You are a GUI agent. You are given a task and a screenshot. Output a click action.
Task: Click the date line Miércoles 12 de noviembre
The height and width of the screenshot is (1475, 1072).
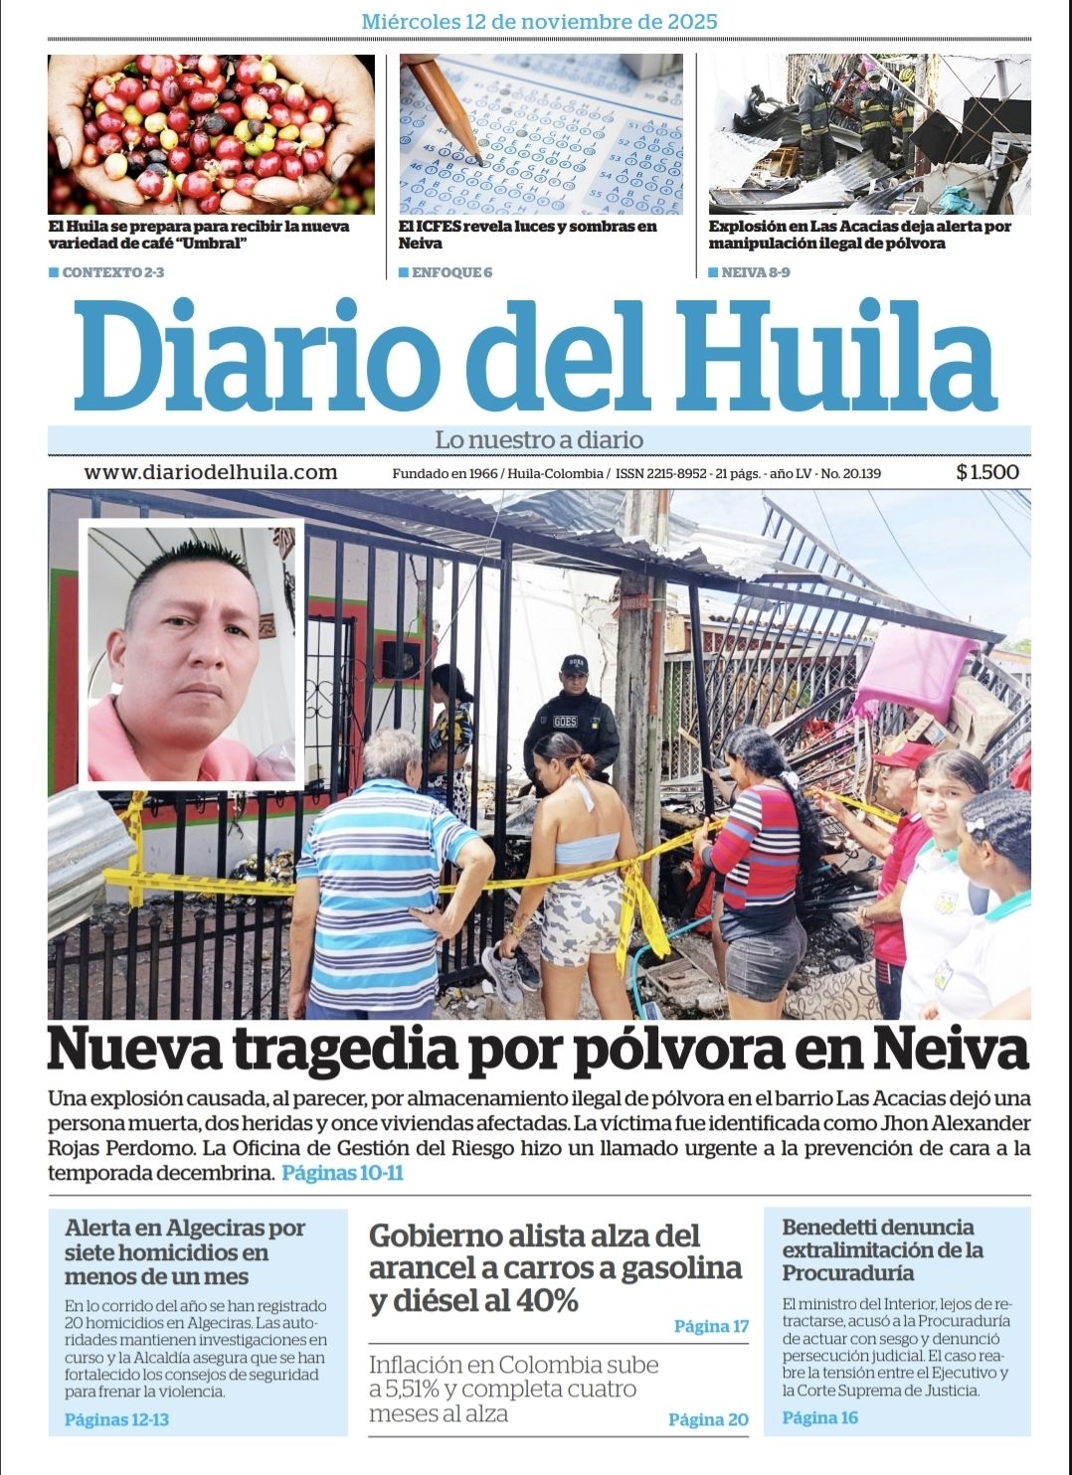point(539,21)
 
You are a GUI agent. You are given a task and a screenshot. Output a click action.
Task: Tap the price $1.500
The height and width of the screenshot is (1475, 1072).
point(986,472)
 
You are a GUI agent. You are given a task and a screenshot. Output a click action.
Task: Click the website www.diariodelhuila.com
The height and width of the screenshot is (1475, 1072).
point(210,472)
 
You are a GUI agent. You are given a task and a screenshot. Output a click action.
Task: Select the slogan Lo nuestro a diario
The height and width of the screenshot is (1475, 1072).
point(539,439)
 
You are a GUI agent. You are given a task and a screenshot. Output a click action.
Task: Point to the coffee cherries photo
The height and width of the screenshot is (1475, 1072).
point(211,133)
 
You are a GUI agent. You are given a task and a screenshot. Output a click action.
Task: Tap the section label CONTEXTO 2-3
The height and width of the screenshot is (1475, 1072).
point(112,272)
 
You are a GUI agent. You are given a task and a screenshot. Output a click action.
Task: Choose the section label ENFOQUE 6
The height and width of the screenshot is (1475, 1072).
point(451,272)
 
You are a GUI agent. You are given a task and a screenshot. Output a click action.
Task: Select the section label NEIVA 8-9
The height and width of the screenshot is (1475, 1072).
point(755,272)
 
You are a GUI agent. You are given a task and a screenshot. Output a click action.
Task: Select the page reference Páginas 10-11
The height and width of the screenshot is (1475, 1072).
point(342,1173)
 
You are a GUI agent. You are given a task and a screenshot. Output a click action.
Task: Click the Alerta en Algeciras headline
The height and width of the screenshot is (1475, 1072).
point(185,1251)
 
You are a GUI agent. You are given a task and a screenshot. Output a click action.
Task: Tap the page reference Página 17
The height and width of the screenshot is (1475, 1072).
point(710,1326)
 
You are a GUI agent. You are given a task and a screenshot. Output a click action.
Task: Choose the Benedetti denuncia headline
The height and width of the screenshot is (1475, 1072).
point(882,1249)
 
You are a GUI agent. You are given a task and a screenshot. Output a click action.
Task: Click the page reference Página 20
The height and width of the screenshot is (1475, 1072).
point(707,1419)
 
